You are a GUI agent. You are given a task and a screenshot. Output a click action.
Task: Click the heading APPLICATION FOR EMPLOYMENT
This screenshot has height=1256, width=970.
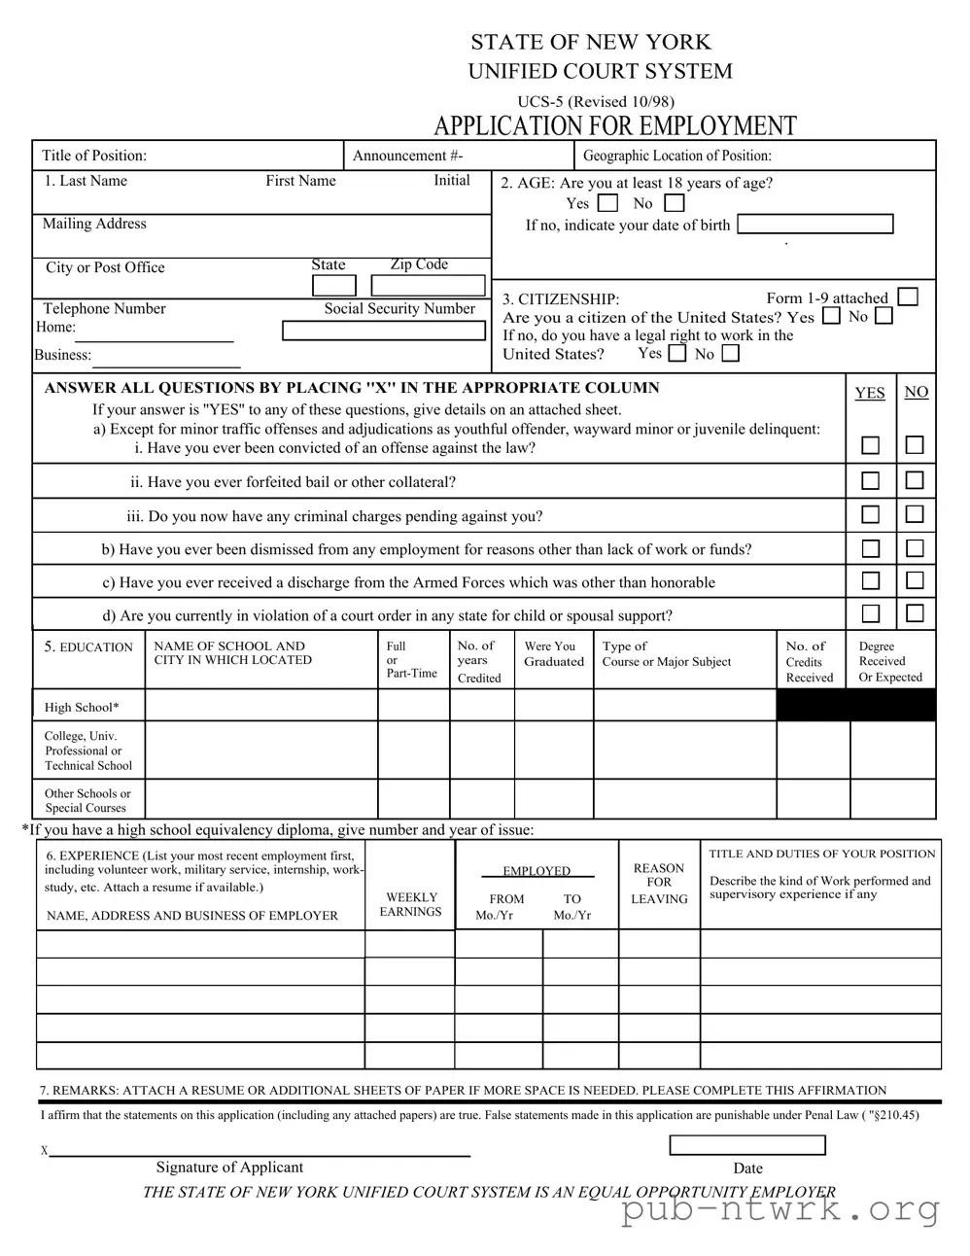pos(614,126)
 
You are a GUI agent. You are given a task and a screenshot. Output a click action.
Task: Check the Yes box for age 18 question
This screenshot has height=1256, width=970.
pos(607,203)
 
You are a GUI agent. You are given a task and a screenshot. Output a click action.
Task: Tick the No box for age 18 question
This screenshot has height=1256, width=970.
pos(675,203)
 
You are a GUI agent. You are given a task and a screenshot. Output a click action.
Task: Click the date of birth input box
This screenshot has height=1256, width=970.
pos(814,225)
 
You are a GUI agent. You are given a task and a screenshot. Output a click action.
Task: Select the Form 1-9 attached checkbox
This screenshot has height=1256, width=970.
pos(908,297)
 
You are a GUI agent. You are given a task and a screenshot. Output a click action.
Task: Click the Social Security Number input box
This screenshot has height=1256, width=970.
pos(383,331)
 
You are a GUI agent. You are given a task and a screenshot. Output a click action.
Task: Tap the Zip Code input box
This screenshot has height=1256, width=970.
pos(428,285)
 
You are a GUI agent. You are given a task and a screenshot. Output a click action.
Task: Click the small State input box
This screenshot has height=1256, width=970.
pos(333,285)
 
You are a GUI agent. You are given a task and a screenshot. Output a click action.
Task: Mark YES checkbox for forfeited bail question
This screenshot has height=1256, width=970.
pos(871,480)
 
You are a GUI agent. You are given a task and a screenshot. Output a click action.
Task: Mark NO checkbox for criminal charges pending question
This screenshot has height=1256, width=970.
pos(915,514)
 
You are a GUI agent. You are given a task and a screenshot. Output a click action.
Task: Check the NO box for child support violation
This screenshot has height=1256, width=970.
pos(915,613)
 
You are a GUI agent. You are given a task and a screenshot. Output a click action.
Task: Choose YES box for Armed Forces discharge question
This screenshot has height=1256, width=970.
pos(871,580)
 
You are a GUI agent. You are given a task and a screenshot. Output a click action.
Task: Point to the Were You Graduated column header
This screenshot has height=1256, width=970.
pos(554,653)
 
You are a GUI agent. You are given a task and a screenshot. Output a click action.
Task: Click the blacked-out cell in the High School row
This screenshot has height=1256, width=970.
pos(855,706)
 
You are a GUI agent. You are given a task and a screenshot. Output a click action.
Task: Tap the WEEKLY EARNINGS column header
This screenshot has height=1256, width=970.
pos(411,904)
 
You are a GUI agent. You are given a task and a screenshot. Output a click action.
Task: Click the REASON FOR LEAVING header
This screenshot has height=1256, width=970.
pos(659,883)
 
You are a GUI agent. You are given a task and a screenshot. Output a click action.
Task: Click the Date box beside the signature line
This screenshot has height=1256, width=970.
pos(746,1145)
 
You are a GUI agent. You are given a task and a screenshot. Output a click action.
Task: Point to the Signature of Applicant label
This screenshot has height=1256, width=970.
pos(229,1167)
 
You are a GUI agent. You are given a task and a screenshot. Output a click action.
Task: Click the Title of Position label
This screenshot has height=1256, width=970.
pos(94,156)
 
